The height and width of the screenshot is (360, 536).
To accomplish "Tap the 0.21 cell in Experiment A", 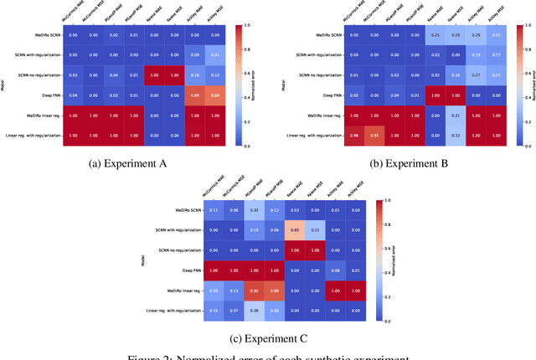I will coord(215,54).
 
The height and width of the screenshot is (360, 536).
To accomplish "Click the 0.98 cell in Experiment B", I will coord(355,135).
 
